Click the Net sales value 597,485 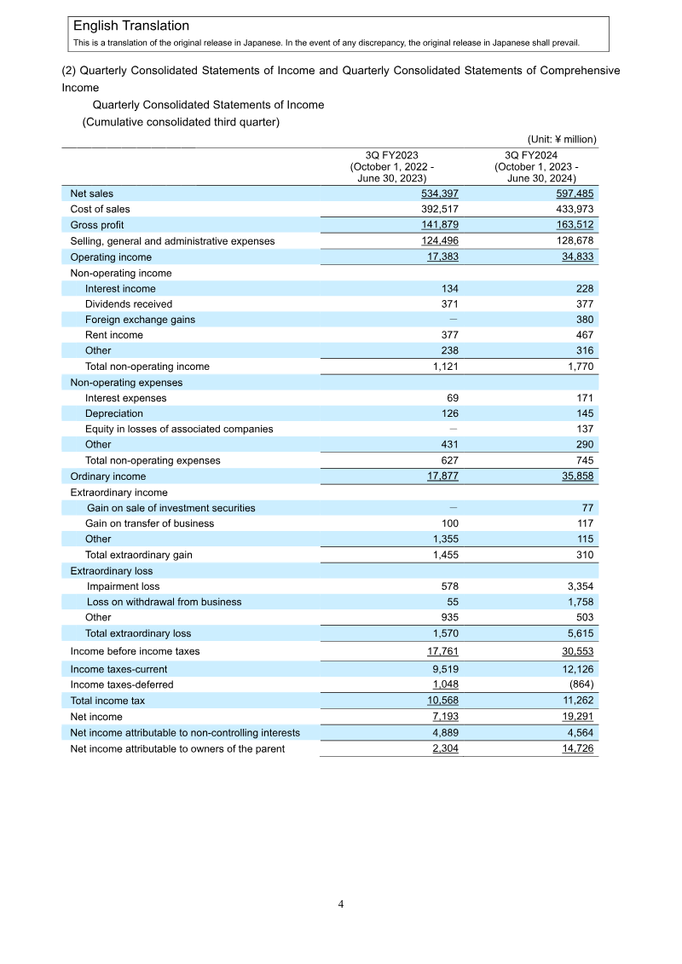point(576,194)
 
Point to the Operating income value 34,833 point(576,257)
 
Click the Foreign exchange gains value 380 point(584,320)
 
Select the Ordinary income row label point(107,476)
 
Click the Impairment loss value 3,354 point(580,586)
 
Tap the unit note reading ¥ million point(562,139)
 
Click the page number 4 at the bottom point(340,904)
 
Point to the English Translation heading point(131,26)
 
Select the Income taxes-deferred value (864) point(580,684)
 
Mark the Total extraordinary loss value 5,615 point(580,633)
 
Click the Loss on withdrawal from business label point(164,602)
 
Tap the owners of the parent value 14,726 point(576,748)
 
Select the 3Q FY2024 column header point(536,167)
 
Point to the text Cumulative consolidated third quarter point(181,122)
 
